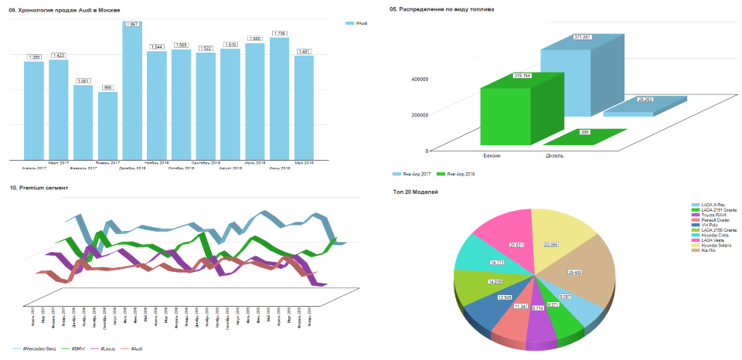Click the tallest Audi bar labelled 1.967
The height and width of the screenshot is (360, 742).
point(133,93)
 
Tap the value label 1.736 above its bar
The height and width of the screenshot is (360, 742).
point(280,33)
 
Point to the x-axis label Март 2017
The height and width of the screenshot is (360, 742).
point(59,163)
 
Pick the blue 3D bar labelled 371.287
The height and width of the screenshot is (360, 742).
point(568,77)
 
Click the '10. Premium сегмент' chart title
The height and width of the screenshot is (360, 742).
point(39,188)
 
